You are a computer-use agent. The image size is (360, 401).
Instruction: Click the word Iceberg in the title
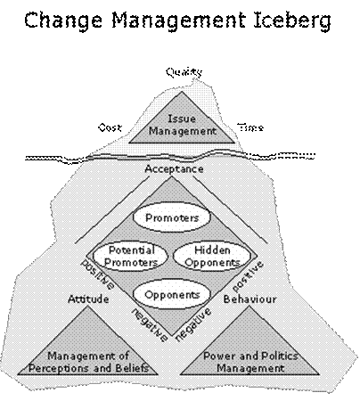coord(292,20)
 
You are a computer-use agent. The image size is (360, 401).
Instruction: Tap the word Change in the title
coord(62,20)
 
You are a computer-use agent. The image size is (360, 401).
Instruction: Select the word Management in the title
coord(179,20)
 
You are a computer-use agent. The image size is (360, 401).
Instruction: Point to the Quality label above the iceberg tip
coord(184,72)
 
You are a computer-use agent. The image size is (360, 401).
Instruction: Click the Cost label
coord(110,127)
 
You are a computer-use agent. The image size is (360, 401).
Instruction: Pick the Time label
coord(250,127)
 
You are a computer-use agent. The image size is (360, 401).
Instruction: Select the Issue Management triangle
coord(182,125)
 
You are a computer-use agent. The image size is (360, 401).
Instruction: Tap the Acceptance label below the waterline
coord(174,169)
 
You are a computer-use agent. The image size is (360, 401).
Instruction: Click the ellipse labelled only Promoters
coord(172,217)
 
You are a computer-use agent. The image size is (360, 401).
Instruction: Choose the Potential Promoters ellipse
coord(130,256)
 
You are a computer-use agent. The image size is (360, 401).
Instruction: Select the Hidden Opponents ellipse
coord(212,256)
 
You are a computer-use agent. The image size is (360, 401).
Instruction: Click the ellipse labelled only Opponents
coord(172,295)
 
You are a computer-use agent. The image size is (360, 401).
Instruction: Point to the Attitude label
coord(88,299)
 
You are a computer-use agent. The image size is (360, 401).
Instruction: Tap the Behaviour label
coord(250,299)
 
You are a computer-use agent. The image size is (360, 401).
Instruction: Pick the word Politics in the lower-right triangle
coord(279,356)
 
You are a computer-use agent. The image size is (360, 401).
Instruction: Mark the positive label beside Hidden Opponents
coord(248,276)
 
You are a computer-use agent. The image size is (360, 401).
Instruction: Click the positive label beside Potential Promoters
coord(98,274)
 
